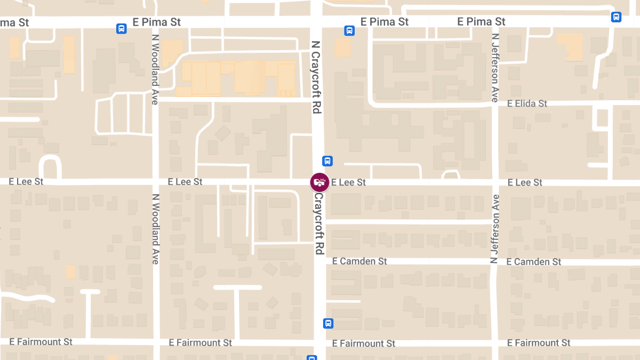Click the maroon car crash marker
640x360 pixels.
319,182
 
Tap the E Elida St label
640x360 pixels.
527,103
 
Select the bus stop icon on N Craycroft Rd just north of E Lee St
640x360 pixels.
327,161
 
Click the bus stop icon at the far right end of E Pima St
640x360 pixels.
616,17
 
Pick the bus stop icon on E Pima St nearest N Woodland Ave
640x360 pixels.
122,29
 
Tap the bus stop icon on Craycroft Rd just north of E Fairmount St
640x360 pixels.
328,323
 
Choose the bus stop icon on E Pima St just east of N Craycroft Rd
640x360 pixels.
349,30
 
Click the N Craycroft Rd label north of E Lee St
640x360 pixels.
316,77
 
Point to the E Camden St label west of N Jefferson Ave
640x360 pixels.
359,261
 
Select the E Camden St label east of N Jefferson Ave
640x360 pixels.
533,262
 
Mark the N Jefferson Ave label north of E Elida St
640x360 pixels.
495,68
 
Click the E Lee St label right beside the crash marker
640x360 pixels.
348,182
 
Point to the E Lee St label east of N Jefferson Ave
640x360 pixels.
525,182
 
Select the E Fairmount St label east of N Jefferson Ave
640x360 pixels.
539,343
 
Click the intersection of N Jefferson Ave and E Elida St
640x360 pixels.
495,103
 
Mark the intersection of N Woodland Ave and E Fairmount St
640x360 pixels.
156,342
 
